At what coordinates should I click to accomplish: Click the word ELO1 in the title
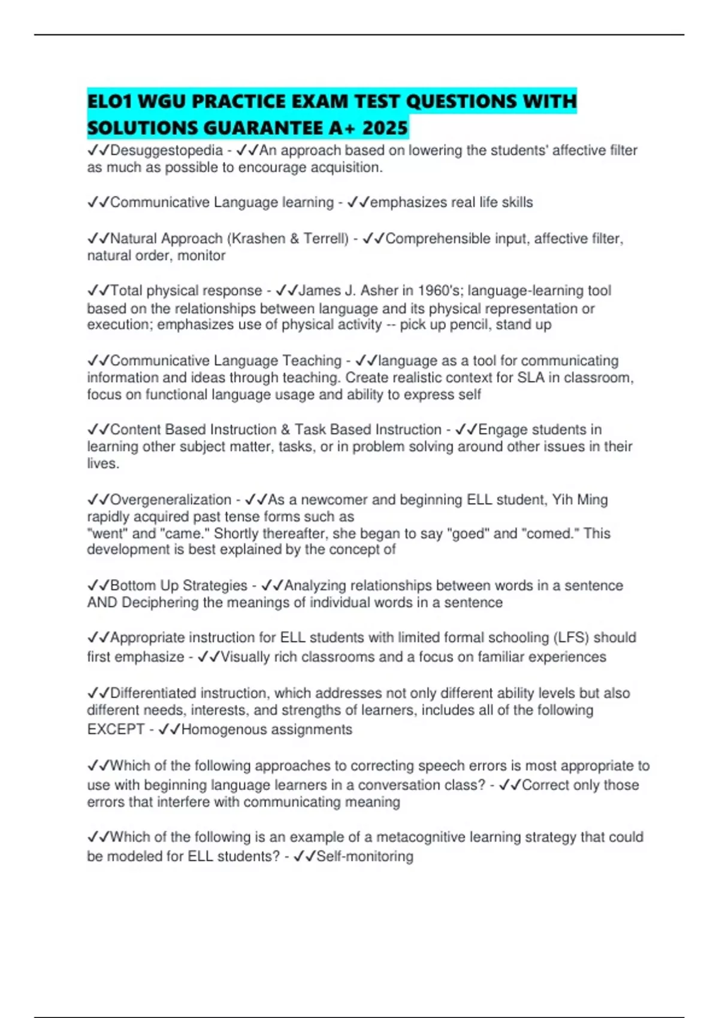(x=110, y=101)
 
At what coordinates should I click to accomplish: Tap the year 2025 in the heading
(x=385, y=128)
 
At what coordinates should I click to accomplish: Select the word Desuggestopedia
(x=167, y=150)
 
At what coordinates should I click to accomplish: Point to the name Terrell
(x=325, y=238)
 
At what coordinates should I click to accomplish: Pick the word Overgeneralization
(x=171, y=499)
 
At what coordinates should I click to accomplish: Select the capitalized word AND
(x=102, y=602)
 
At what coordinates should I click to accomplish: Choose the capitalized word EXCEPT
(x=116, y=729)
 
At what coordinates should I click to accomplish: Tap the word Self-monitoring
(x=365, y=856)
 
